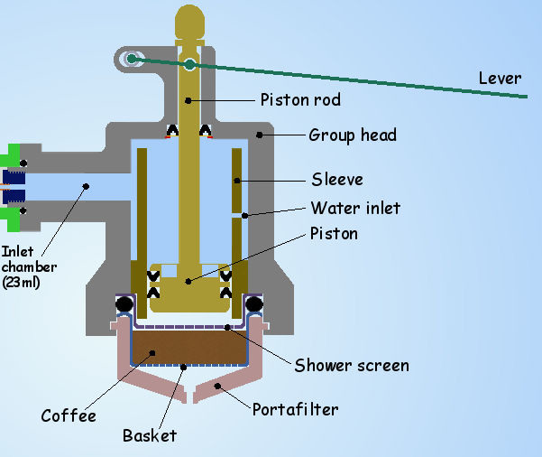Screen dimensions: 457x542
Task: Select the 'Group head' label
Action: coord(353,135)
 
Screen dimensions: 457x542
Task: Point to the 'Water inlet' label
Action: coord(355,208)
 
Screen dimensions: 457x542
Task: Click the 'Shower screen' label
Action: coord(353,365)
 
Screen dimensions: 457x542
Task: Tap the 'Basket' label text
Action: coord(150,436)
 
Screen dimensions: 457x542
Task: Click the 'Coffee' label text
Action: coord(68,415)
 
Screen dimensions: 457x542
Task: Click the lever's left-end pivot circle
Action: coord(132,59)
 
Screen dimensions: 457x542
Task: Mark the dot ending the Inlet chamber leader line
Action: coord(87,187)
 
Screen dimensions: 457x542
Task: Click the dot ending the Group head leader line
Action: coord(259,135)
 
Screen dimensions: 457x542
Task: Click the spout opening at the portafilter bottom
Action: coord(190,395)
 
